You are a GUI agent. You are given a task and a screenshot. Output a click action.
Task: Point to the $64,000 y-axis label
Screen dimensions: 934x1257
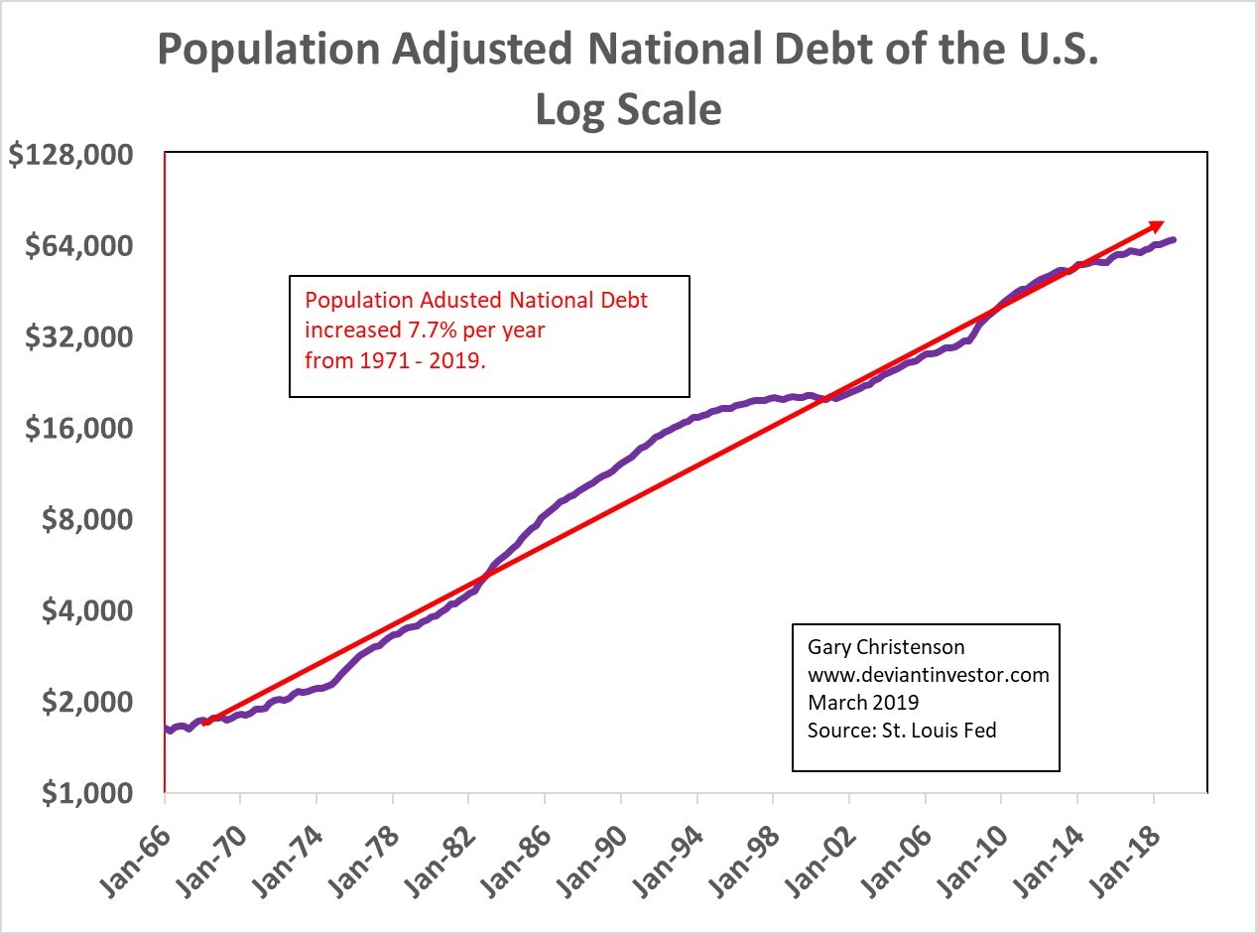(79, 246)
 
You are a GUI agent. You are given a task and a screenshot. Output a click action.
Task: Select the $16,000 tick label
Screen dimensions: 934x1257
(79, 429)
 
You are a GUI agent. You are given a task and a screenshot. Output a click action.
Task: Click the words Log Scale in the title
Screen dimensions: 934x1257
(628, 110)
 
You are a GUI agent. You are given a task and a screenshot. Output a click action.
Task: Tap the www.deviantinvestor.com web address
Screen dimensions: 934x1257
(928, 675)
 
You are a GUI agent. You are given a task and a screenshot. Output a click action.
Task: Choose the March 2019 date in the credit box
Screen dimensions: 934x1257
(863, 703)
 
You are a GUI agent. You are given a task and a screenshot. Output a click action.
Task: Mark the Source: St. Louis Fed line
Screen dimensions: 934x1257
(902, 731)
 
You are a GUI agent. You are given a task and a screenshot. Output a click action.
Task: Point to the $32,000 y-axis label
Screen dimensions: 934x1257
(79, 337)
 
